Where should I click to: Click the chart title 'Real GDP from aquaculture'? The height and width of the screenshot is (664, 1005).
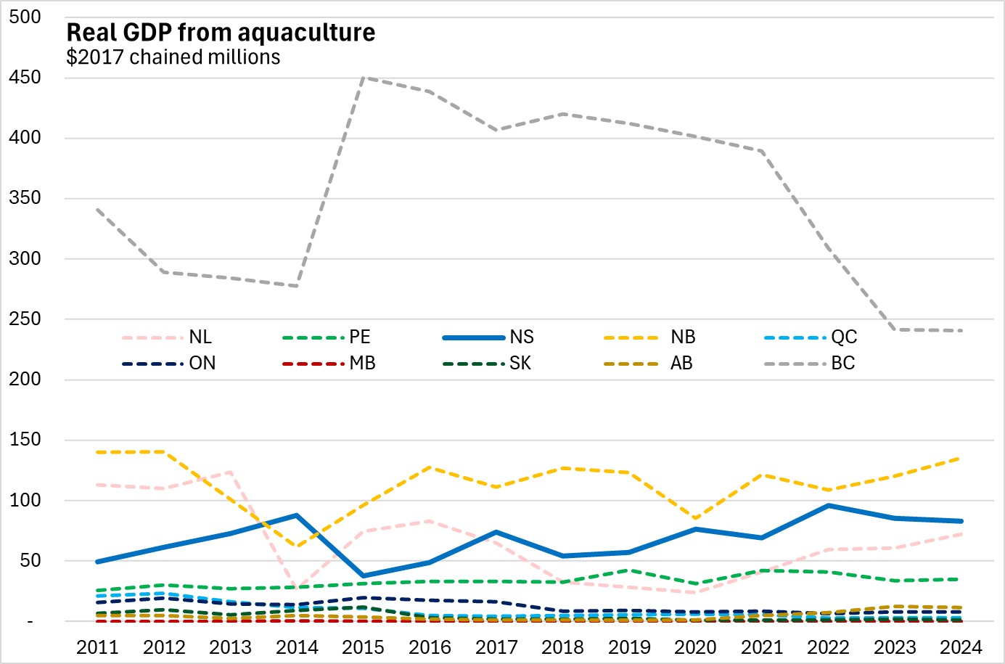coord(221,33)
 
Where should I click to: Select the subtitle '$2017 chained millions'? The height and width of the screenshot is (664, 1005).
coord(173,57)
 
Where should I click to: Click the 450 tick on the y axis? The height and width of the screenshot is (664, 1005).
coord(25,78)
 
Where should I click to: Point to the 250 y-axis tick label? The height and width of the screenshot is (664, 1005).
coord(25,319)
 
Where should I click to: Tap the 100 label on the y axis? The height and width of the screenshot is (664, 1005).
coord(25,501)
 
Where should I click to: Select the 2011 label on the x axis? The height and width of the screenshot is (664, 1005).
coord(97,647)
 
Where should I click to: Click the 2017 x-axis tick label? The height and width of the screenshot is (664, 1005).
coord(496,647)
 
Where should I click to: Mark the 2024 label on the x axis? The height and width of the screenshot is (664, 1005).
coord(961,647)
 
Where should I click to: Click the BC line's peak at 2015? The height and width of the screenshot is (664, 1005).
coord(364,78)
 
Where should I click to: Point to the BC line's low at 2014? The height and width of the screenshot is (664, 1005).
coord(297,286)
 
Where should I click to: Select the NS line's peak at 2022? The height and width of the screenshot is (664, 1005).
coord(829,506)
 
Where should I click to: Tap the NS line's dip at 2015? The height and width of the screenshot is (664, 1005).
coord(364,576)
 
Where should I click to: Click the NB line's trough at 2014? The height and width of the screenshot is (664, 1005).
coord(297,546)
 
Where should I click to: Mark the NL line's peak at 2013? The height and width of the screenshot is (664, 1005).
coord(231,472)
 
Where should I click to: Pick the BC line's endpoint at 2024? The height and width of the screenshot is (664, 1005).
coord(961,331)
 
